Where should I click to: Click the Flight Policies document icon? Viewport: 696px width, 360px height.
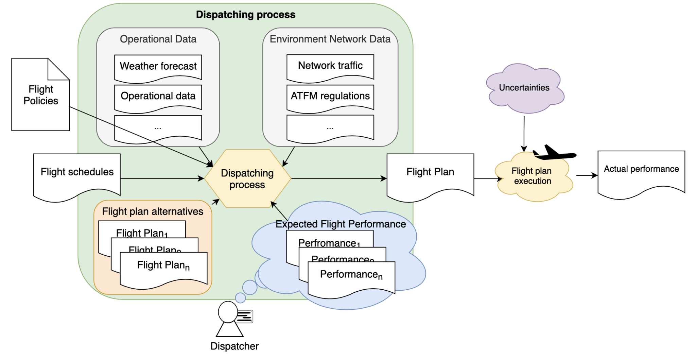pyautogui.click(x=40, y=95)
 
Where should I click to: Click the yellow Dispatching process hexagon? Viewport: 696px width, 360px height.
pyautogui.click(x=247, y=179)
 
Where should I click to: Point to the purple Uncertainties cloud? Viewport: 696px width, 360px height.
pyautogui.click(x=524, y=88)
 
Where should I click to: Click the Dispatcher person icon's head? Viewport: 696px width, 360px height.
pyautogui.click(x=227, y=312)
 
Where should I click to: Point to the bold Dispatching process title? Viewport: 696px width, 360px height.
pyautogui.click(x=246, y=15)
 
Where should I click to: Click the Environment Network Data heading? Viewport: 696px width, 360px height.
pyautogui.click(x=330, y=39)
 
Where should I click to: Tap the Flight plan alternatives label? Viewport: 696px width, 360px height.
pyautogui.click(x=153, y=211)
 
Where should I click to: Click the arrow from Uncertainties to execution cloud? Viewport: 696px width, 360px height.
pyautogui.click(x=524, y=134)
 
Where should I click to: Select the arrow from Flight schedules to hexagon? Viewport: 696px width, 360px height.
pyautogui.click(x=161, y=178)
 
